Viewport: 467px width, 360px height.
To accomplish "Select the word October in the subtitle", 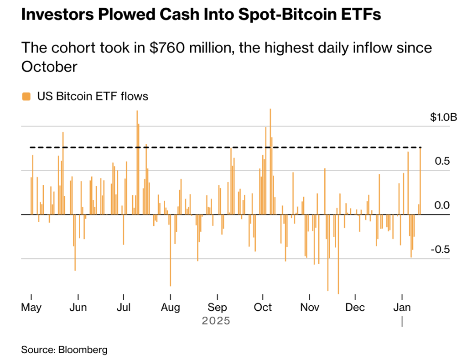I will (x=49, y=67).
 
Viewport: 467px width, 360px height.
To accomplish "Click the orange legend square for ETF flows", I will (x=27, y=96).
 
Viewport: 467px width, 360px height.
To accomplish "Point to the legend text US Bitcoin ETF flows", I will (x=93, y=96).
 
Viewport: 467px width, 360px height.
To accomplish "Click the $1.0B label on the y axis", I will (x=443, y=117).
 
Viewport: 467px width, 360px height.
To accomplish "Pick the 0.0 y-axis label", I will (x=441, y=205).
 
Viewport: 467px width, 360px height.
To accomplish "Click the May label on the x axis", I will (x=31, y=307).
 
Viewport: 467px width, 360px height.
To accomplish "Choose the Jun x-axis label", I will (x=78, y=307).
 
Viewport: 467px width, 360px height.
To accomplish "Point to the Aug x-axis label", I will (x=171, y=307).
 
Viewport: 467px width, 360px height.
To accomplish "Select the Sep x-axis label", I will (x=217, y=307).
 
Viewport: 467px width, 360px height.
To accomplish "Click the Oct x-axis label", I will (x=263, y=307).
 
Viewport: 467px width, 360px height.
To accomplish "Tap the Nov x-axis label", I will (x=310, y=307).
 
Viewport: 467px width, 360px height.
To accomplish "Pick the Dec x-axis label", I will (x=355, y=307).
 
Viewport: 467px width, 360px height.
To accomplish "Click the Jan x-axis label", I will (x=401, y=307).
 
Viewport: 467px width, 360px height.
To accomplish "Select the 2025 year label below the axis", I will (x=216, y=321).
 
